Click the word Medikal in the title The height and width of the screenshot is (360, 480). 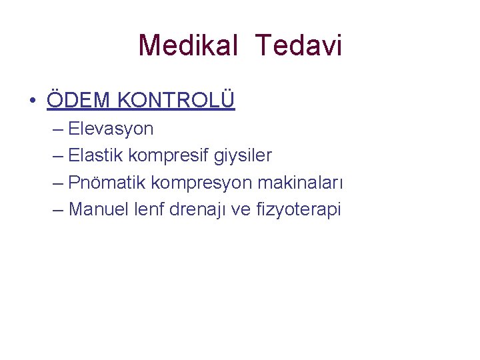pos(188,45)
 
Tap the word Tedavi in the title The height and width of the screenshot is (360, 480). pos(298,45)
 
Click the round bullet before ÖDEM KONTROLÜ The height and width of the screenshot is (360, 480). pos(32,101)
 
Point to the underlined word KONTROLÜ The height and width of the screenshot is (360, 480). pos(176,100)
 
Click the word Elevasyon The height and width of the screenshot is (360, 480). pos(111,129)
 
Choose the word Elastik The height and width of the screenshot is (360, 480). pos(96,155)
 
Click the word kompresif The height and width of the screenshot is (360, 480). pos(169,156)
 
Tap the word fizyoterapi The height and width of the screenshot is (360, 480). pos(301,210)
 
